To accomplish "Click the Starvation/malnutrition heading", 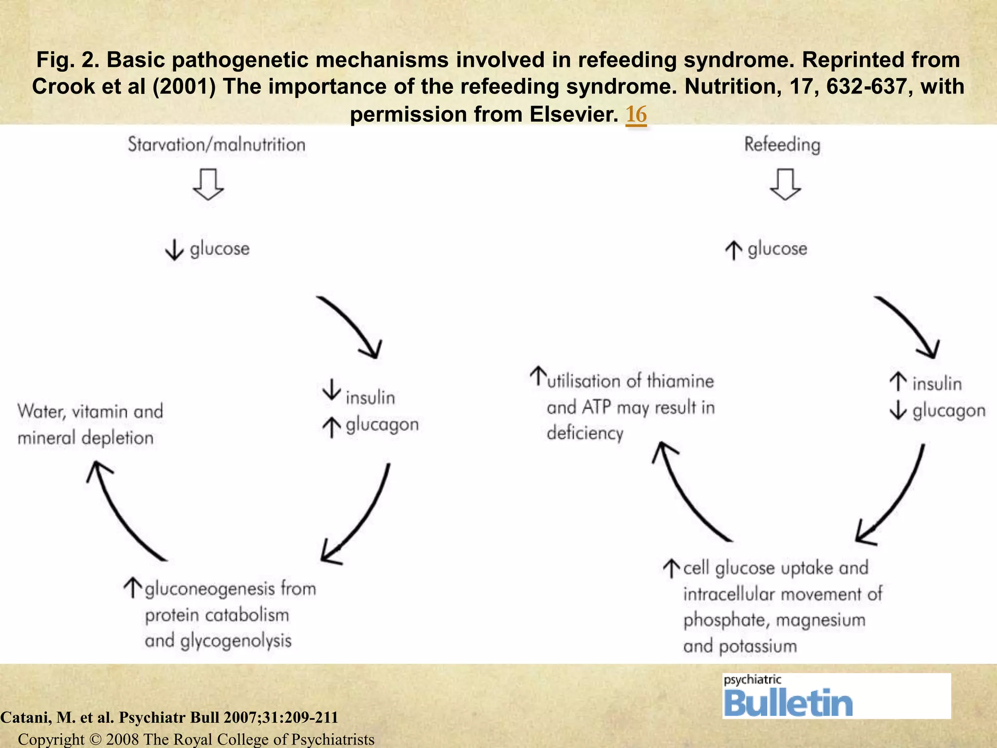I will point(217,145).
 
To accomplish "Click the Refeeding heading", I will point(782,145).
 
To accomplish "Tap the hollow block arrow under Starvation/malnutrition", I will point(208,185).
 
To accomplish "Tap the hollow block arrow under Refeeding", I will point(785,185).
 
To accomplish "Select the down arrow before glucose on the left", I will point(174,250).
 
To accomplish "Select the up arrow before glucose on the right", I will point(734,250).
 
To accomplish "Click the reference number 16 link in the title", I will point(636,114).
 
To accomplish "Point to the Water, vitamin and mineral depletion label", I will point(90,424).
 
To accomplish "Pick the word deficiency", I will point(585,433).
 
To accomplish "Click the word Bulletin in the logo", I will point(788,703).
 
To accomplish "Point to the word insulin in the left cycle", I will point(370,398).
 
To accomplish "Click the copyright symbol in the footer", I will point(95,739).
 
